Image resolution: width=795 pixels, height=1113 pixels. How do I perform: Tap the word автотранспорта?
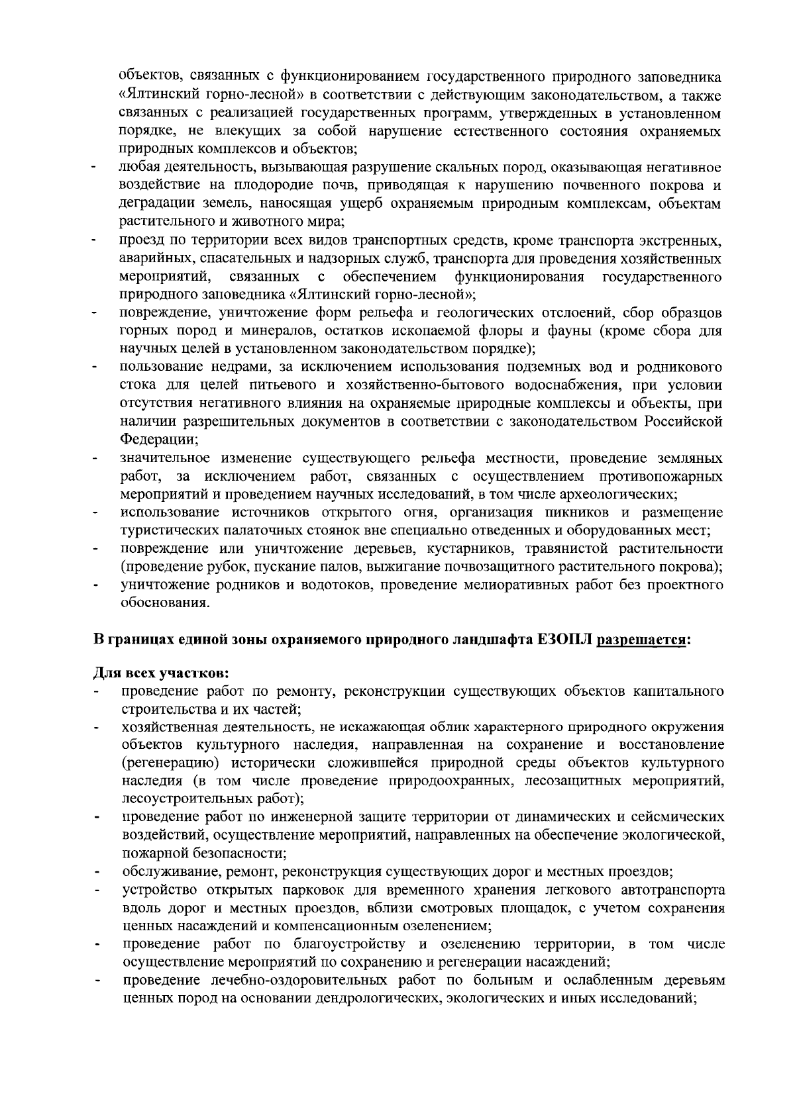coord(676,889)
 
